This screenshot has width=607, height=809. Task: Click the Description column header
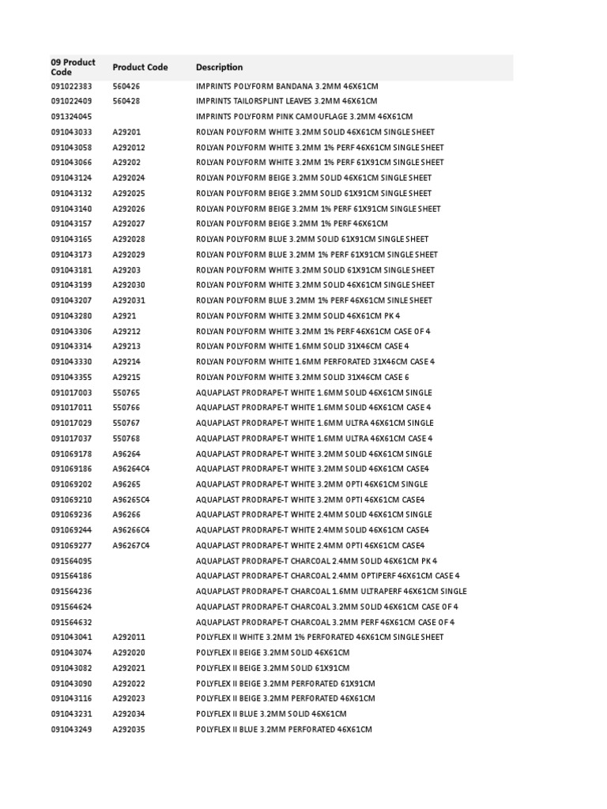click(219, 67)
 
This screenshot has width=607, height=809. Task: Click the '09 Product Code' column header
click(73, 67)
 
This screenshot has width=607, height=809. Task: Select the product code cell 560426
click(126, 86)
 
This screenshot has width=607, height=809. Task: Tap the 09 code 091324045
click(71, 117)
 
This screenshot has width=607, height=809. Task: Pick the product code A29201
click(126, 132)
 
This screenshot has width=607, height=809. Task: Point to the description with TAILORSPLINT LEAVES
click(286, 101)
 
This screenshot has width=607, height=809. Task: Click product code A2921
click(124, 316)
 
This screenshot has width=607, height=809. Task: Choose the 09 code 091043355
click(71, 377)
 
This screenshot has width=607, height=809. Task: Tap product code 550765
click(126, 393)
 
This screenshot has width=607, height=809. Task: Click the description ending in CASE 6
click(302, 377)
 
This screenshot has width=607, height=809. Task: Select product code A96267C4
click(130, 545)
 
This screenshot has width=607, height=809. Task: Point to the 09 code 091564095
click(71, 561)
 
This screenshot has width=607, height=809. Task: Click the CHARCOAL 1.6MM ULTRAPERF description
click(331, 591)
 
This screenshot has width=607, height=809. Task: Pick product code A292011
click(129, 637)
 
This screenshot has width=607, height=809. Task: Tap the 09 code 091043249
click(71, 728)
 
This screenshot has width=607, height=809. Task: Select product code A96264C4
click(130, 469)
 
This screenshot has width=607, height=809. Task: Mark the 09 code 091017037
click(71, 438)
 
